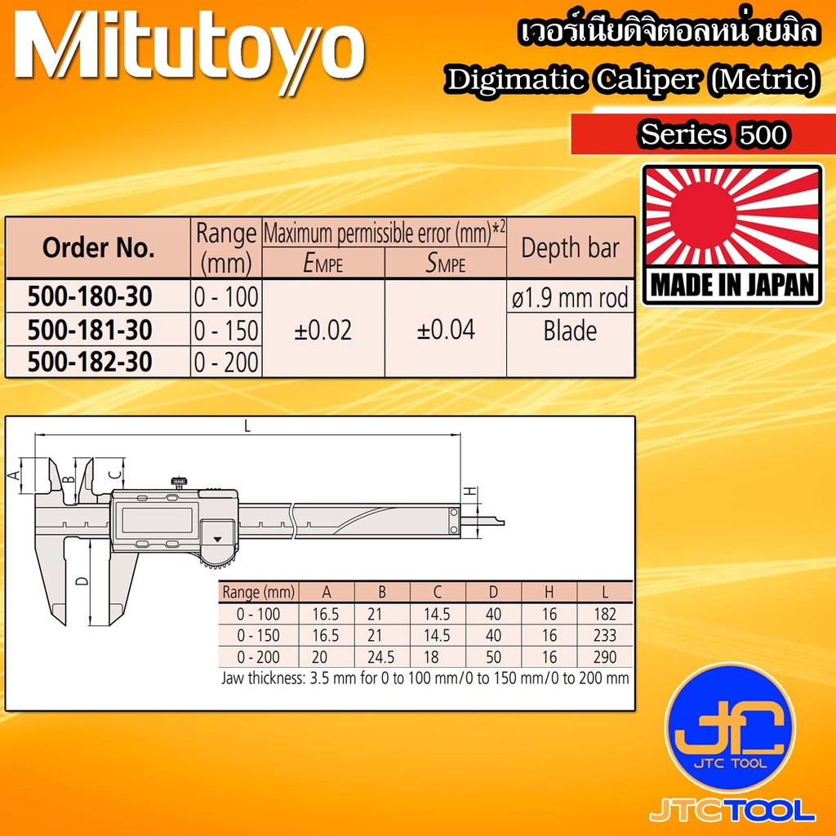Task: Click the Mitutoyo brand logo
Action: click(x=189, y=53)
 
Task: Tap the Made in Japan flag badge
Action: click(x=732, y=234)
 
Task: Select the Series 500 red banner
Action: click(x=704, y=134)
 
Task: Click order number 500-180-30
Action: click(x=90, y=296)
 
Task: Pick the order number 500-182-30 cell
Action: click(x=90, y=362)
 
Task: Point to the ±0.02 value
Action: click(x=323, y=331)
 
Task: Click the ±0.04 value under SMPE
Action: click(x=446, y=330)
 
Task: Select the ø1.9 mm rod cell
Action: click(x=570, y=297)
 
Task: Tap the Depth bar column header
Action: click(x=570, y=248)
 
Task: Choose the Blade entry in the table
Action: click(x=570, y=331)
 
